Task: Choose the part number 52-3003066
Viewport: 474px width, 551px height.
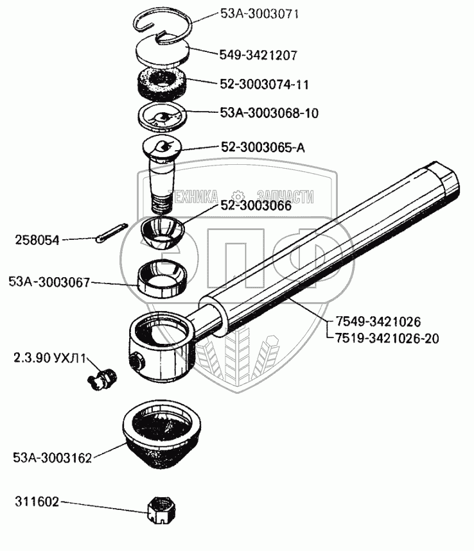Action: (256, 206)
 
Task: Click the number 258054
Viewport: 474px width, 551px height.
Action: (37, 241)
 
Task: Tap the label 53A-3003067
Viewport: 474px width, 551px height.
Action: (49, 282)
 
